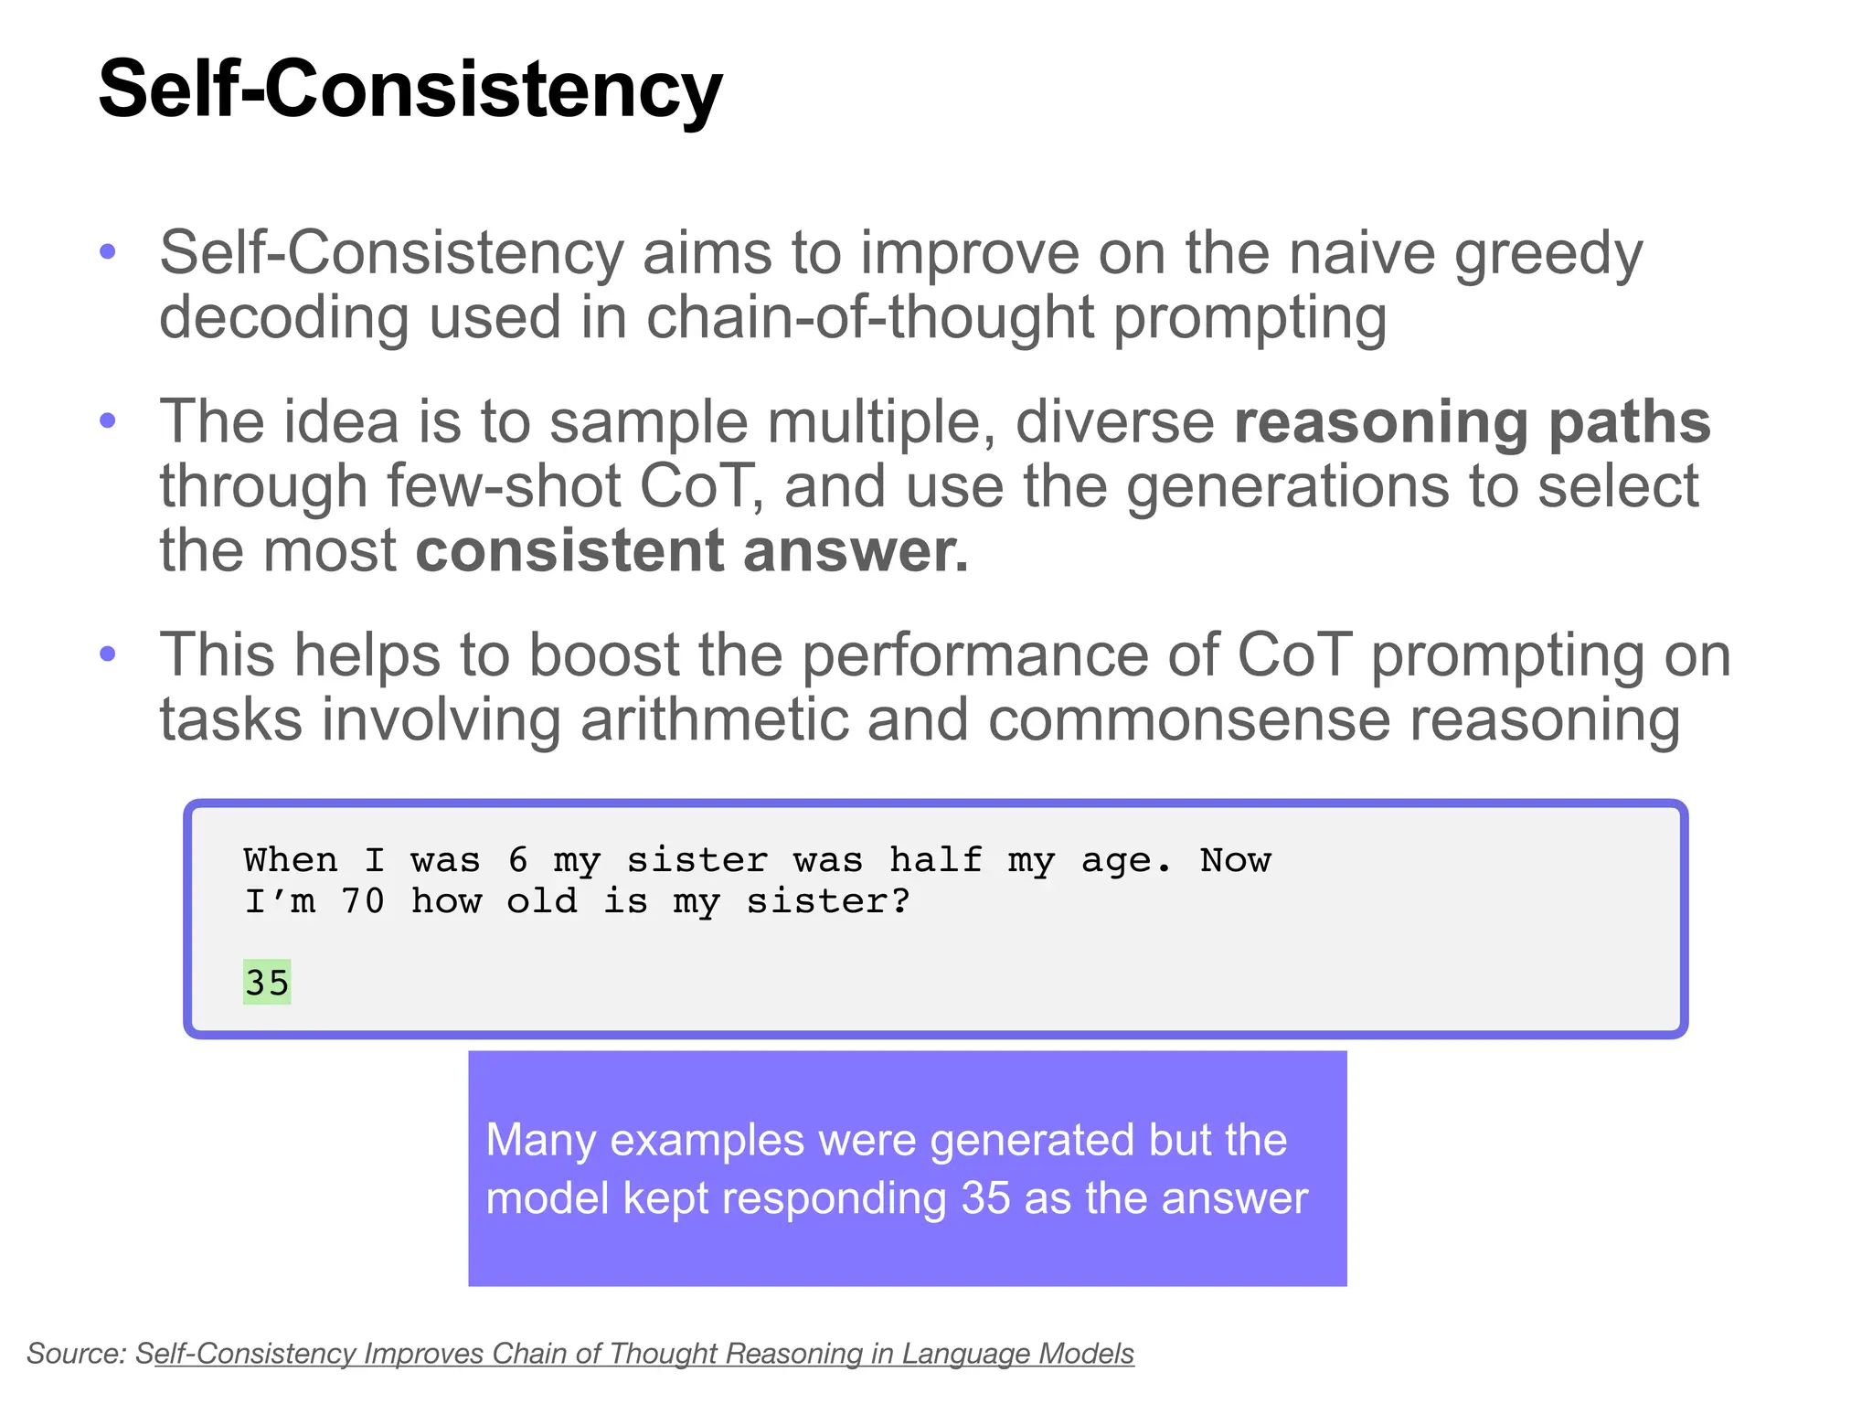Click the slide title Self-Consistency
pyautogui.click(x=409, y=90)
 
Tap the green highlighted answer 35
pyautogui.click(x=266, y=983)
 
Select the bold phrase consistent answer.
pyautogui.click(x=691, y=551)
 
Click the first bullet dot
pyautogui.click(x=108, y=251)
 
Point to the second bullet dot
pyautogui.click(x=108, y=420)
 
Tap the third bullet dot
pyautogui.click(x=108, y=654)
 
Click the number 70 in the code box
pyautogui.click(x=362, y=901)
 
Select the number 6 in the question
pyautogui.click(x=517, y=860)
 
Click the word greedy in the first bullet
pyautogui.click(x=1548, y=253)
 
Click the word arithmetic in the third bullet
pyautogui.click(x=714, y=719)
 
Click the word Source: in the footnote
pyautogui.click(x=77, y=1353)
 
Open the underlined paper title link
pyautogui.click(x=634, y=1353)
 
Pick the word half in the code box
pyautogui.click(x=935, y=860)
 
